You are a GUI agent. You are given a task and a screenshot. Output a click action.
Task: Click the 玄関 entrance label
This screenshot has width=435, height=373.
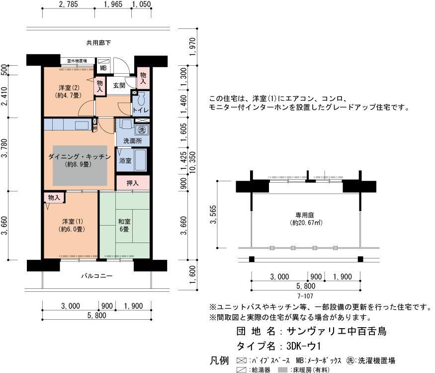[119, 86]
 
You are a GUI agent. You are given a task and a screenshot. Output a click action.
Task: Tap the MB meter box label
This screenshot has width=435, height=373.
[103, 68]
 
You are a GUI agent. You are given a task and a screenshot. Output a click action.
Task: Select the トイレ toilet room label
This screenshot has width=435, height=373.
[141, 110]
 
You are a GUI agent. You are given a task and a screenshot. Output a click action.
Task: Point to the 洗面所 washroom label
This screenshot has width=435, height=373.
[133, 141]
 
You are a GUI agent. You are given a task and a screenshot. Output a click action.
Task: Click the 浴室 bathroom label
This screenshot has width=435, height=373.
[125, 161]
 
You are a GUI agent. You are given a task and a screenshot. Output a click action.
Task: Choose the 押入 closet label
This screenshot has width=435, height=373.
[132, 183]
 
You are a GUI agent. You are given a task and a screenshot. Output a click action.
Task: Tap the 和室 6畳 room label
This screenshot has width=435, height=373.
[124, 226]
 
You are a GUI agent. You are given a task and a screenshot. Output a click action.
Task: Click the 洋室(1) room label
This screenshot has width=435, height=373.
[72, 222]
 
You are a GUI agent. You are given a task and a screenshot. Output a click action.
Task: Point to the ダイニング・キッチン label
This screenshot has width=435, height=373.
[80, 157]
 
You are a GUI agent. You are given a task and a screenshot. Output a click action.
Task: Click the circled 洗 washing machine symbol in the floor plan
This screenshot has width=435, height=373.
[142, 130]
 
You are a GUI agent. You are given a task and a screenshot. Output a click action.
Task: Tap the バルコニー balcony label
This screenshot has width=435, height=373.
[97, 276]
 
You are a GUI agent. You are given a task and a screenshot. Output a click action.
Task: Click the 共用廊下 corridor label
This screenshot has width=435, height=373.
[98, 43]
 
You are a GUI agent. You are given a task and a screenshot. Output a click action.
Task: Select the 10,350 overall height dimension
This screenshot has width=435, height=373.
[193, 162]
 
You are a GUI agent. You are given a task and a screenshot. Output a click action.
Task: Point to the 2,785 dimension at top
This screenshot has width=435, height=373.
[69, 4]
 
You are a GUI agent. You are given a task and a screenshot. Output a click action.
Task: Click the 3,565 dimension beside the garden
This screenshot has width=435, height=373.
[213, 215]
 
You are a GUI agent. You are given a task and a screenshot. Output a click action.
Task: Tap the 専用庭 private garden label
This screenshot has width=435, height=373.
[305, 215]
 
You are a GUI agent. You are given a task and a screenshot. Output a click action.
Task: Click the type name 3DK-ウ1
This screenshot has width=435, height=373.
[303, 346]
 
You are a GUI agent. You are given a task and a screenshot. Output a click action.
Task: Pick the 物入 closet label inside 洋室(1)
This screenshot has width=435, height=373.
[54, 198]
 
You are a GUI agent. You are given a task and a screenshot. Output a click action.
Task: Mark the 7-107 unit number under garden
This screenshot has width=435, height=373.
[305, 296]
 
